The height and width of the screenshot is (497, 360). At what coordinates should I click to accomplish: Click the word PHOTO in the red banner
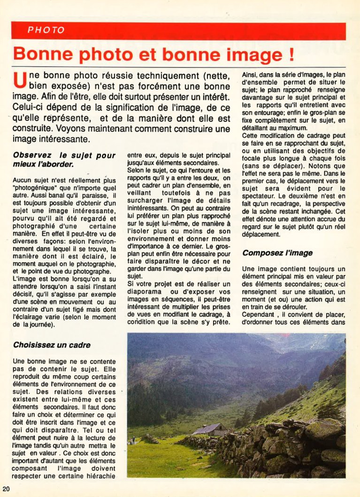pos(46,31)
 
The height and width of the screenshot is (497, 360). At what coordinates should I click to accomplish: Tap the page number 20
pos(6,489)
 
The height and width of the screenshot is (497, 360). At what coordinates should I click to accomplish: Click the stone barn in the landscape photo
pos(209,430)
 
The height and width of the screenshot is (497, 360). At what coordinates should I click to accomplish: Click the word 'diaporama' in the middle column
pos(143,292)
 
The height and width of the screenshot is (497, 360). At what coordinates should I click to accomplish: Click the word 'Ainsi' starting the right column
pos(249,74)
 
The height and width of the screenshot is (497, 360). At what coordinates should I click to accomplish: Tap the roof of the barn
pos(207,427)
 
